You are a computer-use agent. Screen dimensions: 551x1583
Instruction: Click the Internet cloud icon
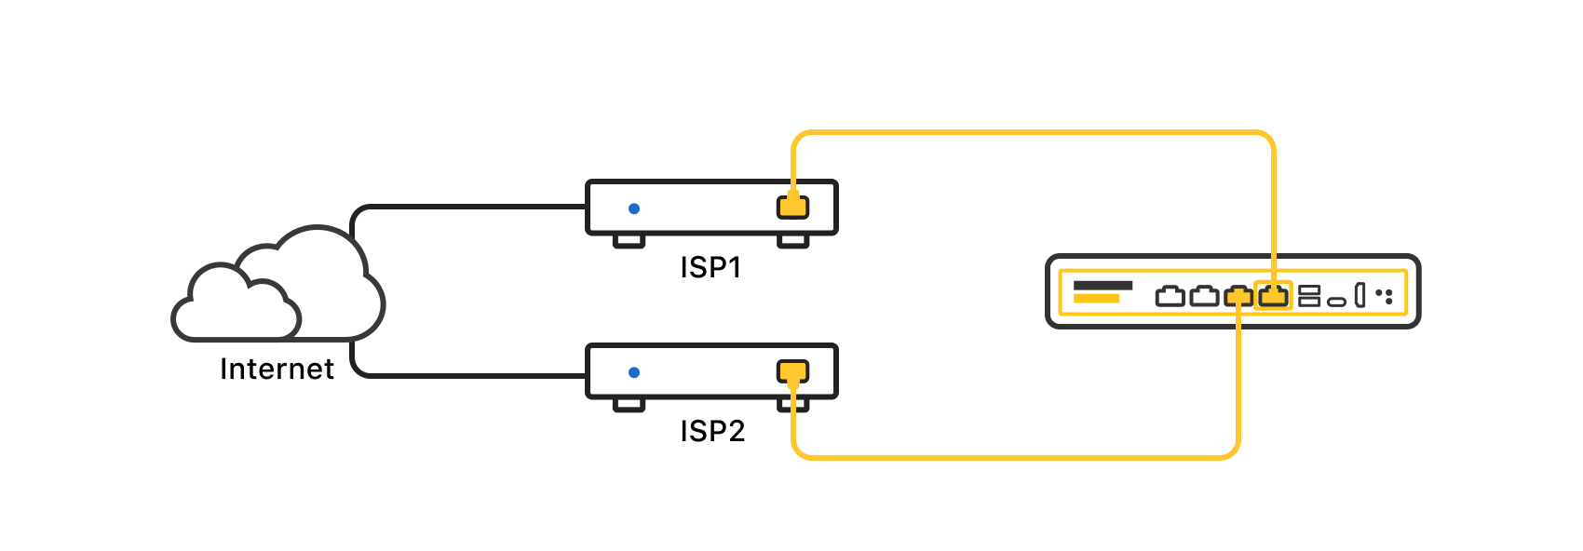[x=279, y=289]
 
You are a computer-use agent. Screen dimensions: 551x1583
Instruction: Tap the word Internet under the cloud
[x=277, y=370]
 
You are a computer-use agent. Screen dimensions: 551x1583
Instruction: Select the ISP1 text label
[x=710, y=268]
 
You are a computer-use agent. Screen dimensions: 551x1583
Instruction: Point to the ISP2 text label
[x=712, y=432]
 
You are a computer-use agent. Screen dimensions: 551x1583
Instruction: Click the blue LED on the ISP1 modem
[x=634, y=208]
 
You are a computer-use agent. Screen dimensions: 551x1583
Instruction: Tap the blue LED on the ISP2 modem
[x=634, y=372]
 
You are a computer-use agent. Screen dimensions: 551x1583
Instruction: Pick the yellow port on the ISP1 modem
[x=792, y=207]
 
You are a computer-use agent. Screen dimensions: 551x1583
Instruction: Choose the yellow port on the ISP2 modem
[x=792, y=372]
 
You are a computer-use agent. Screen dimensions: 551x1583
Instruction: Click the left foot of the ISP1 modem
[x=629, y=241]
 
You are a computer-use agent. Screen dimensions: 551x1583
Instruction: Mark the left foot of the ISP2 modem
[x=629, y=405]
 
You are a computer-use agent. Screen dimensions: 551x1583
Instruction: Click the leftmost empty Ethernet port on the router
[x=1170, y=297]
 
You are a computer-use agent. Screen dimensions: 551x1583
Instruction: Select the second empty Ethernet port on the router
[x=1204, y=297]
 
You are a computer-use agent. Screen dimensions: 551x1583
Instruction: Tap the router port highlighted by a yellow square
[x=1273, y=297]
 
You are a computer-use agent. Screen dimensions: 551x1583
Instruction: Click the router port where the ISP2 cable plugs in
[x=1238, y=297]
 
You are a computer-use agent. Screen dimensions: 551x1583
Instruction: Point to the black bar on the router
[x=1103, y=286]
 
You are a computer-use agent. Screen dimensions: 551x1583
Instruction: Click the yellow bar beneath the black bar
[x=1096, y=299]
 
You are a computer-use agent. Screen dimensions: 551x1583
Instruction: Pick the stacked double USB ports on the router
[x=1309, y=296]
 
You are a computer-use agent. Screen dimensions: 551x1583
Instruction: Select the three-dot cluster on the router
[x=1385, y=296]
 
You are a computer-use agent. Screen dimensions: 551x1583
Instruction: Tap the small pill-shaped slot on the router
[x=1336, y=302]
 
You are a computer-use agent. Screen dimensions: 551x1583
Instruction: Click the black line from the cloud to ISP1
[x=466, y=207]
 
